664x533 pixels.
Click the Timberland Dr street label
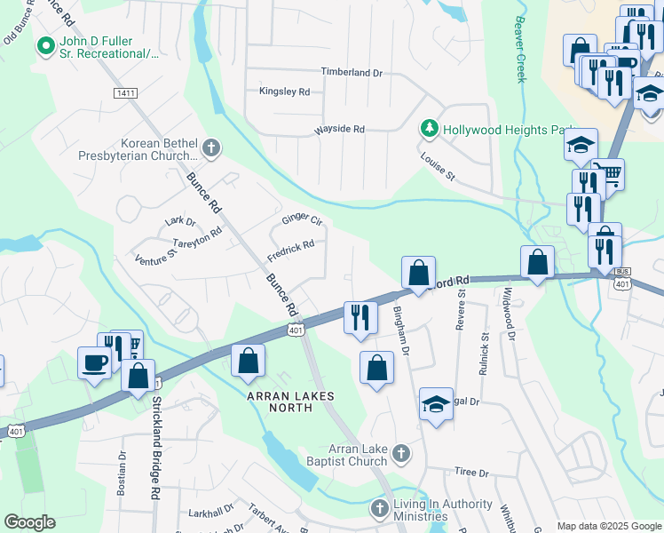351,72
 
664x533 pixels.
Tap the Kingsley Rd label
284,91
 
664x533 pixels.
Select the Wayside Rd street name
339,130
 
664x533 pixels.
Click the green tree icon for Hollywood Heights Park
430,130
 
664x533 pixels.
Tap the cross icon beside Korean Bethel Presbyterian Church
210,148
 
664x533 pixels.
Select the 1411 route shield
125,92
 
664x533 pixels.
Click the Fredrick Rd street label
290,250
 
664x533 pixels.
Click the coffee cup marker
94,362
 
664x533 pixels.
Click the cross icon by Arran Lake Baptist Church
400,454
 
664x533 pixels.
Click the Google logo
30,522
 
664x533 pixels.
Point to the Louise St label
438,166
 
